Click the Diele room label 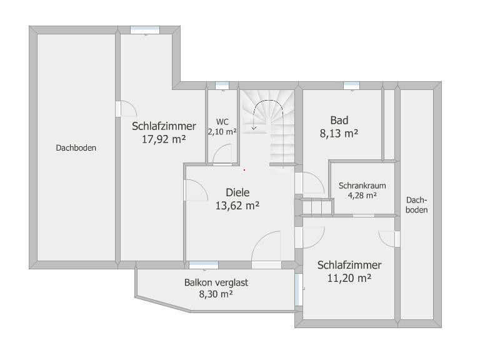(x=237, y=192)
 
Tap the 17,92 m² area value (x=164, y=139)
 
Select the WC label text (x=222, y=122)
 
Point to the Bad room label (x=339, y=120)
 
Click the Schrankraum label (x=362, y=186)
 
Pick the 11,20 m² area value (x=349, y=278)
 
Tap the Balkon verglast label (x=216, y=282)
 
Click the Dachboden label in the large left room (x=76, y=148)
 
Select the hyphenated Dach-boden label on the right (x=417, y=205)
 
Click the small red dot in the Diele (x=244, y=169)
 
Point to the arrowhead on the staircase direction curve (x=254, y=128)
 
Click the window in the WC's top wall (x=222, y=86)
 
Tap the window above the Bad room (x=351, y=86)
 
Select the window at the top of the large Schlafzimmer (x=145, y=30)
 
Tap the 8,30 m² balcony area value (x=216, y=294)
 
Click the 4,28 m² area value (x=362, y=195)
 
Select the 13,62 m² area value (x=237, y=206)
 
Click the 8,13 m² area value (x=339, y=134)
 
